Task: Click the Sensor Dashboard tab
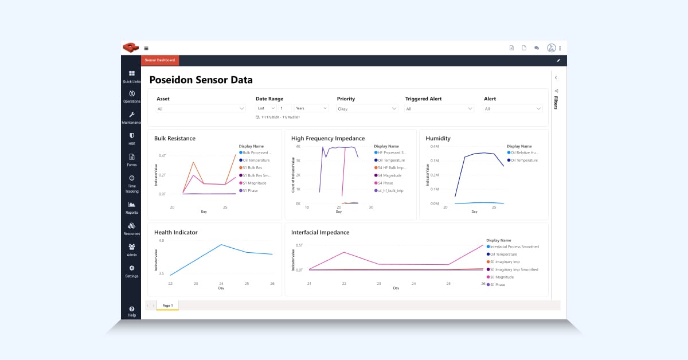point(160,60)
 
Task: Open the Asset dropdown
point(201,108)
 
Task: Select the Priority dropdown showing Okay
point(367,108)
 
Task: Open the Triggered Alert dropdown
point(439,108)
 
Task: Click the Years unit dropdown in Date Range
point(311,108)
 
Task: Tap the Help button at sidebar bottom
point(132,311)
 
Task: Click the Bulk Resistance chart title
point(175,138)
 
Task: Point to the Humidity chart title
point(438,138)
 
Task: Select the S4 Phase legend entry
point(385,183)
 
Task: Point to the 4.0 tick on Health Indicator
point(161,241)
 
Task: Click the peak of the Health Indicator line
point(221,245)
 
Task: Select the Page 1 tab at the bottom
point(167,306)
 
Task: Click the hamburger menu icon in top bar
point(146,48)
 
